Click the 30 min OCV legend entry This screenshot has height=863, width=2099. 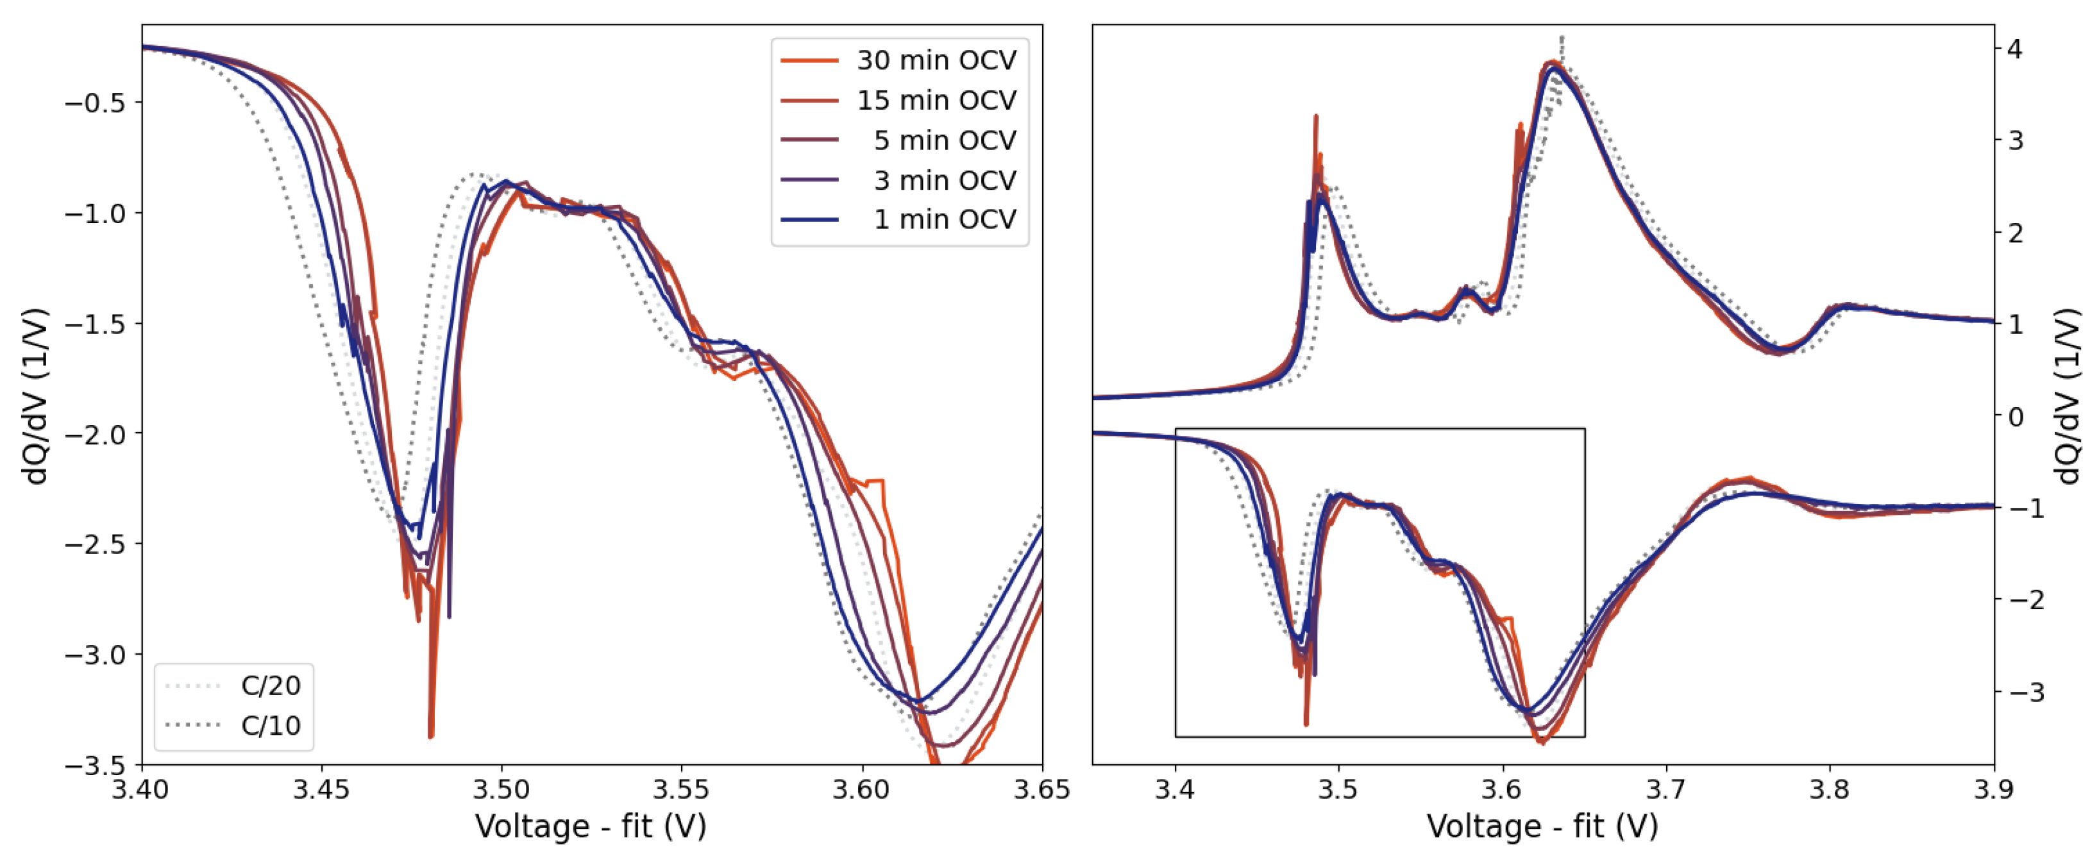tap(936, 60)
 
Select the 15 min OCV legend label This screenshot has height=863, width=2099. tap(936, 100)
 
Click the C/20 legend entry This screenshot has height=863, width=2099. tap(270, 685)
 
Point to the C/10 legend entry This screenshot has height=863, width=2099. tap(270, 725)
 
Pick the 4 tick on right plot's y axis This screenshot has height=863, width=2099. tap(2014, 49)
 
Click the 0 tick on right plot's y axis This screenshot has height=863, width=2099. tap(2014, 416)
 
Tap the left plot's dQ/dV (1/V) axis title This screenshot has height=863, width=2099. tap(37, 396)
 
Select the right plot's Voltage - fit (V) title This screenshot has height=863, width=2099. tap(1542, 826)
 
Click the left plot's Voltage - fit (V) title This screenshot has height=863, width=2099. tap(591, 826)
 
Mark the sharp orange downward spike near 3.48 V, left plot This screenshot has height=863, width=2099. tap(430, 734)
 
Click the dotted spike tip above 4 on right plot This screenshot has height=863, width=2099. tap(1561, 37)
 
